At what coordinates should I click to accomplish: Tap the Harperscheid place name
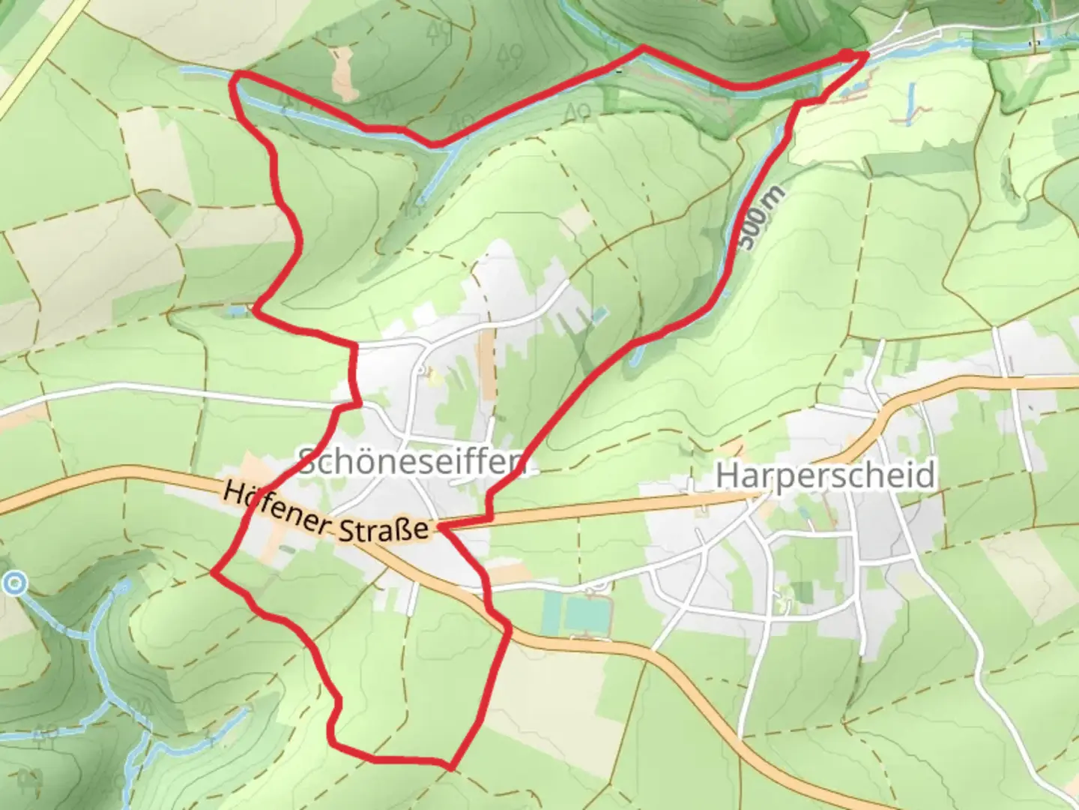825,475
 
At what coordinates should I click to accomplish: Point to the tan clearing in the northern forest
344,73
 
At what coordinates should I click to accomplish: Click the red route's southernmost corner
450,766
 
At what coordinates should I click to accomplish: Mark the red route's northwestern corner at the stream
238,76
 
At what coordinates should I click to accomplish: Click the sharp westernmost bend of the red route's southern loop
214,572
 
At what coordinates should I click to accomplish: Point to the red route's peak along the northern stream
642,48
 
